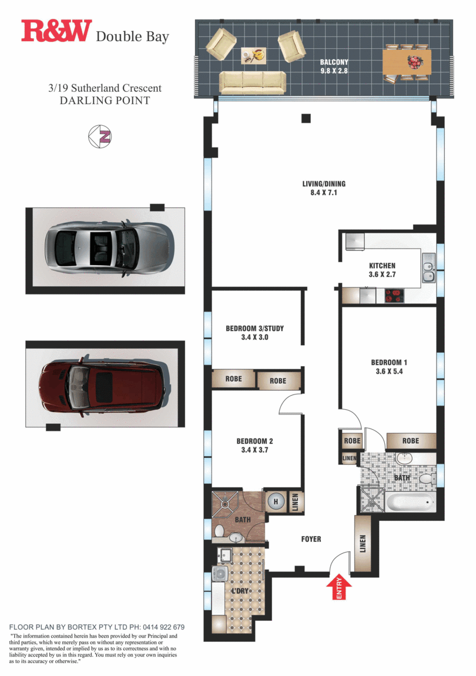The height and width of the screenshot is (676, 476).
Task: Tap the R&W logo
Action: pyautogui.click(x=56, y=32)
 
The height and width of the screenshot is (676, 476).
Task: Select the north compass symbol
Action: pyautogui.click(x=100, y=136)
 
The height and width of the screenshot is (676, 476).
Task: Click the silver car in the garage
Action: pyautogui.click(x=110, y=249)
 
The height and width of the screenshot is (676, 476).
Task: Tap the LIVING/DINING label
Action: pyautogui.click(x=320, y=188)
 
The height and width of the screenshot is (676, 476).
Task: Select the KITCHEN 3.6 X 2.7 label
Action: pyautogui.click(x=382, y=270)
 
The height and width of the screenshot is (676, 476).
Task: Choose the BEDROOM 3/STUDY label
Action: pyautogui.click(x=255, y=333)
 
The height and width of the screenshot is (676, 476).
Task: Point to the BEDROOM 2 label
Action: pyautogui.click(x=254, y=446)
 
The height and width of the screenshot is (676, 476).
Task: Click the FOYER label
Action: pyautogui.click(x=311, y=539)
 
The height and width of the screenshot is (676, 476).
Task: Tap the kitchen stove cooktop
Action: pyautogui.click(x=395, y=296)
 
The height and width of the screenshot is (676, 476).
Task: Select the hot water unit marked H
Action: pyautogui.click(x=274, y=501)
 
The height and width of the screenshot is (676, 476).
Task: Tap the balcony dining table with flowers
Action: pyautogui.click(x=407, y=62)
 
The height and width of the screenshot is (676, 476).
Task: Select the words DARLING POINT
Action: pyautogui.click(x=105, y=101)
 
